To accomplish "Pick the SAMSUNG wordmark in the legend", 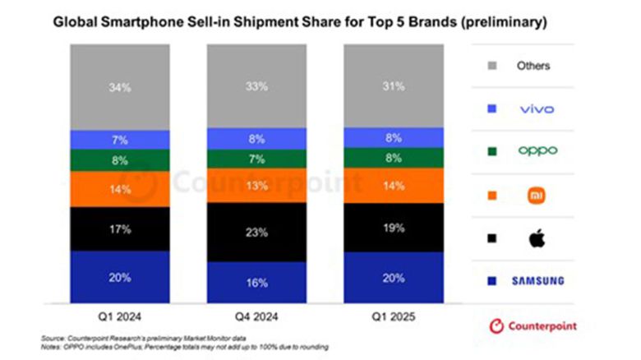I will coord(537,281).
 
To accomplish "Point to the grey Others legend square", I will coord(491,65).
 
